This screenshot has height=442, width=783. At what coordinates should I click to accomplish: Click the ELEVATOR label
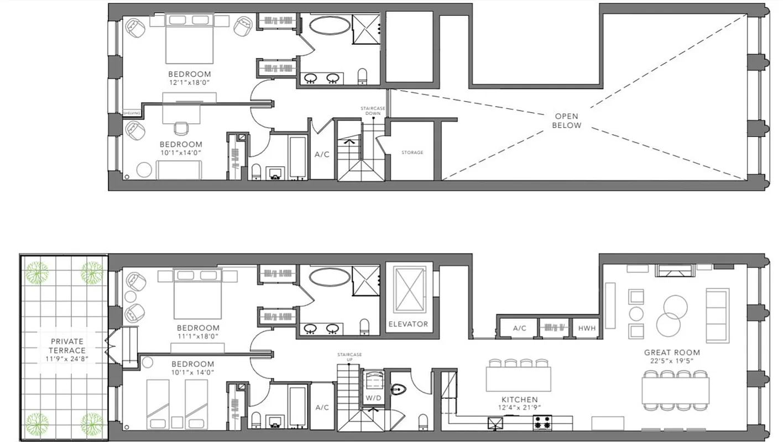point(408,324)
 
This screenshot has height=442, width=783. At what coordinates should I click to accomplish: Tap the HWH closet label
point(587,328)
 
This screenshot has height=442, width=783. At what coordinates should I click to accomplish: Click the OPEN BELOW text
point(566,121)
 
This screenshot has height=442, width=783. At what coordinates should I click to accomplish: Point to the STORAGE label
point(413,152)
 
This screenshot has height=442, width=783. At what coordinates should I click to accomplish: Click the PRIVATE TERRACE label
point(67,346)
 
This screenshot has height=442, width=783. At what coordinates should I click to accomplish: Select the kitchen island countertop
point(518,379)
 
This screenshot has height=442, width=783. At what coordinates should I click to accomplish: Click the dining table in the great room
point(675,390)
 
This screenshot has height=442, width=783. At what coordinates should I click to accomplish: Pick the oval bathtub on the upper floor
point(328,25)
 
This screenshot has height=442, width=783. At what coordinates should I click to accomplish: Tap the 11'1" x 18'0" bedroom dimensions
point(198,336)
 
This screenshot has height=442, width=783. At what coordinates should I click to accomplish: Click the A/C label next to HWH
point(519,328)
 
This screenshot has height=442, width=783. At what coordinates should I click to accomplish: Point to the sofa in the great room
point(717,315)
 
